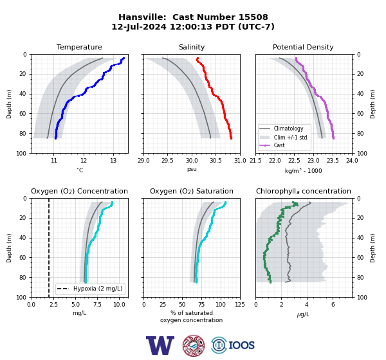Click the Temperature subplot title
click(x=79, y=47)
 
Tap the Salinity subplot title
click(x=192, y=47)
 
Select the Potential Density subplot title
click(x=303, y=47)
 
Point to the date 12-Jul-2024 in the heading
click(x=139, y=26)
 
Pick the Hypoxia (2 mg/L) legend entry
click(x=90, y=289)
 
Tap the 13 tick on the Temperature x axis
click(x=113, y=161)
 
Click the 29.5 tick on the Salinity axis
click(x=167, y=161)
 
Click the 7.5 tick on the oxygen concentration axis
click(x=98, y=305)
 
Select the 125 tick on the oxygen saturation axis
click(x=240, y=305)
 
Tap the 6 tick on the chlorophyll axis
click(x=333, y=305)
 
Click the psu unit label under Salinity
click(x=192, y=169)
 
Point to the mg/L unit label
click(x=80, y=313)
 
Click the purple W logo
click(x=160, y=345)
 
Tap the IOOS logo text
click(x=241, y=345)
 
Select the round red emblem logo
click(x=194, y=345)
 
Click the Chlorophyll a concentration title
click(x=303, y=191)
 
